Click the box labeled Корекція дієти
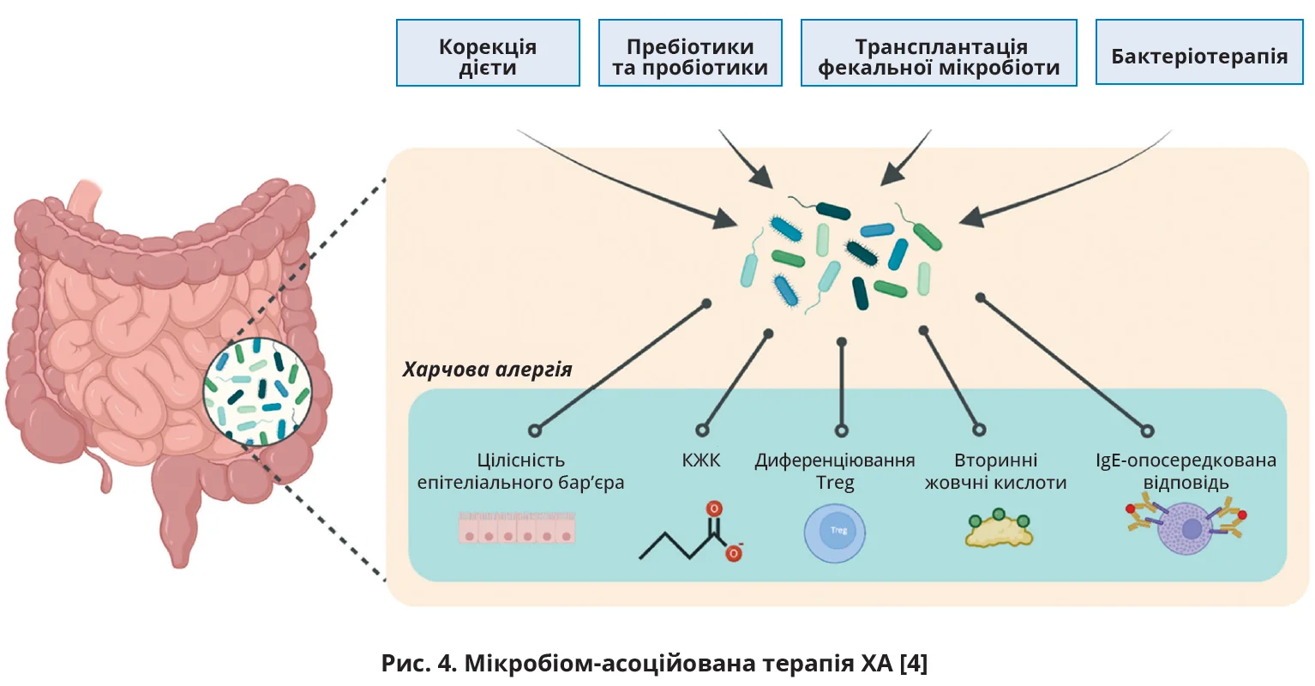488,53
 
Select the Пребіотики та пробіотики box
690,53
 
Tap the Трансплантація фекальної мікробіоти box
939,53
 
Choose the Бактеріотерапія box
1199,53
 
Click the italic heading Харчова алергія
487,370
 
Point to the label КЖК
701,460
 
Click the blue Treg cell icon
835,533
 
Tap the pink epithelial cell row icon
516,528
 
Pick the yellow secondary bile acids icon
999,530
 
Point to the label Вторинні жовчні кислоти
995,472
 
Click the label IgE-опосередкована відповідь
1186,472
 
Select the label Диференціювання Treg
835,472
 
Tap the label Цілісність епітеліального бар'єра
520,472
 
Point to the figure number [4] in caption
914,663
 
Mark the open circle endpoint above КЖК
703,430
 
